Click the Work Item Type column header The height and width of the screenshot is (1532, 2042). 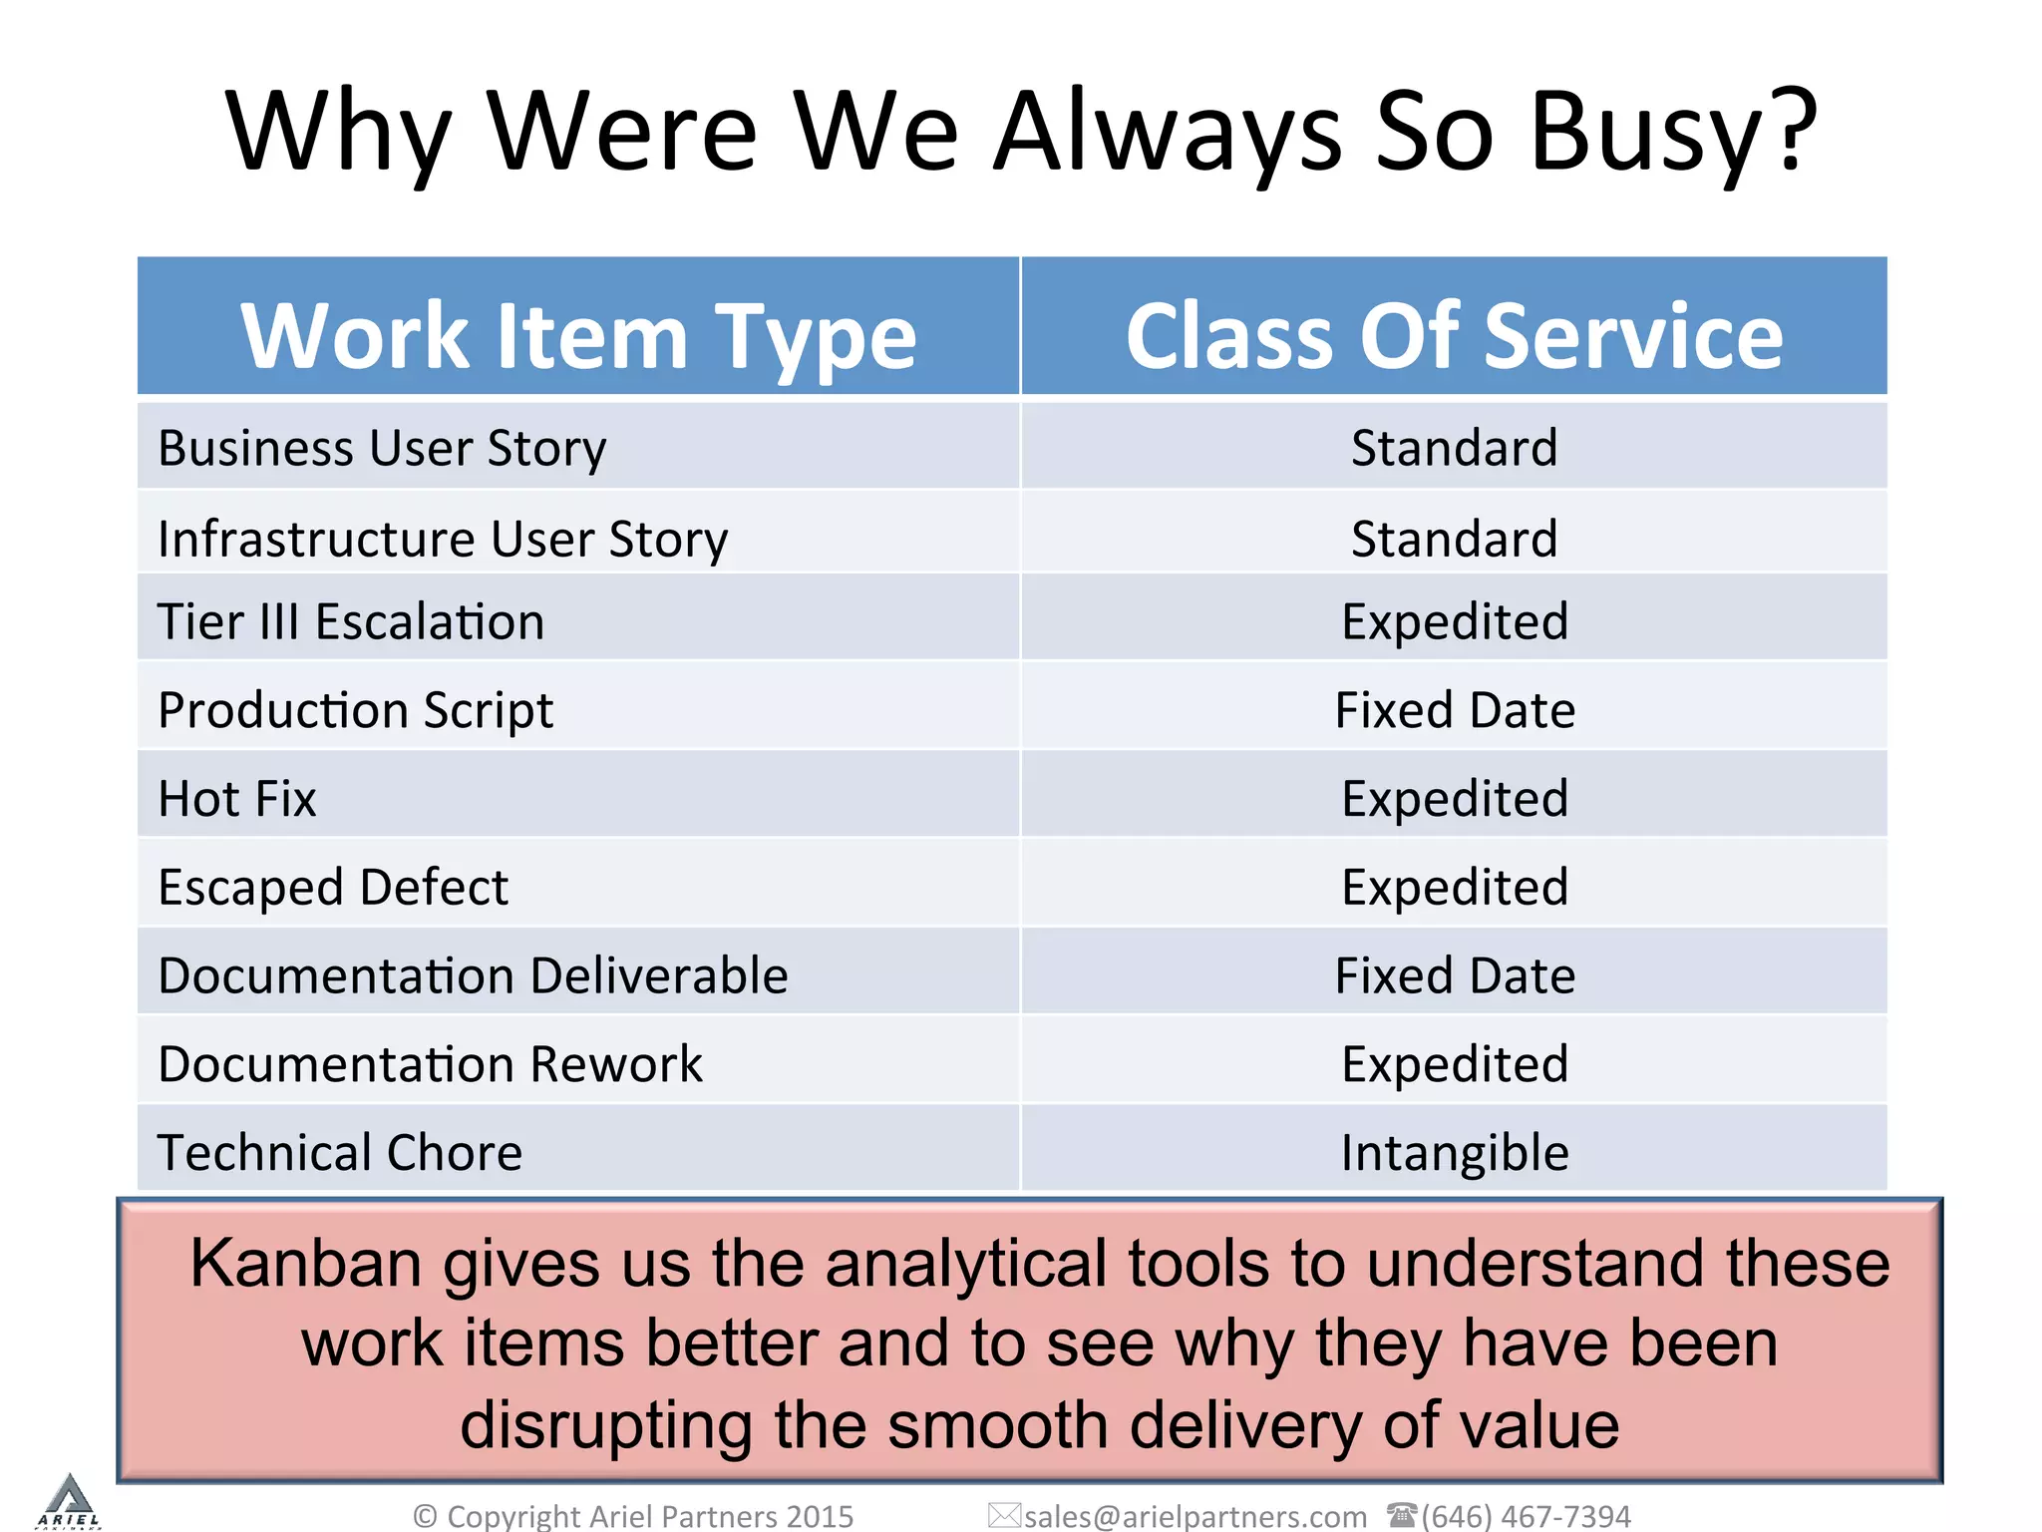(578, 336)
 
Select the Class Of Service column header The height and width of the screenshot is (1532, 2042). (1454, 336)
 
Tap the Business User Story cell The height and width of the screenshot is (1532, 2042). (382, 448)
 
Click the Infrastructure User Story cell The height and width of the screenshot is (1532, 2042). (443, 539)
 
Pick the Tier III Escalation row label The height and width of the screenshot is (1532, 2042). (351, 621)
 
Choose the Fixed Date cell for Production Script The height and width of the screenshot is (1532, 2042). (1454, 710)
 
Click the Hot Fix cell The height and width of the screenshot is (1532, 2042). (237, 799)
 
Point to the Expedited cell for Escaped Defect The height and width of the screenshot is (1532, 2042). (1454, 887)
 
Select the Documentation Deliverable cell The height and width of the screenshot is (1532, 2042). (473, 975)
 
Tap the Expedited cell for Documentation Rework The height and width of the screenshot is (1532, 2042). (1454, 1063)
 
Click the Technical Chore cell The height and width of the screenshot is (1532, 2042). (340, 1152)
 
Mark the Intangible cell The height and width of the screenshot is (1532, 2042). (1454, 1152)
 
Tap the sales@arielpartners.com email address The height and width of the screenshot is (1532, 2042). (1194, 1516)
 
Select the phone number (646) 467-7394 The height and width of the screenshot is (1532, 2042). (1526, 1516)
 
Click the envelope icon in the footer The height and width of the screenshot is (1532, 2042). (1003, 1515)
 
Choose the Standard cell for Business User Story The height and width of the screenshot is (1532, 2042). (1454, 448)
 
